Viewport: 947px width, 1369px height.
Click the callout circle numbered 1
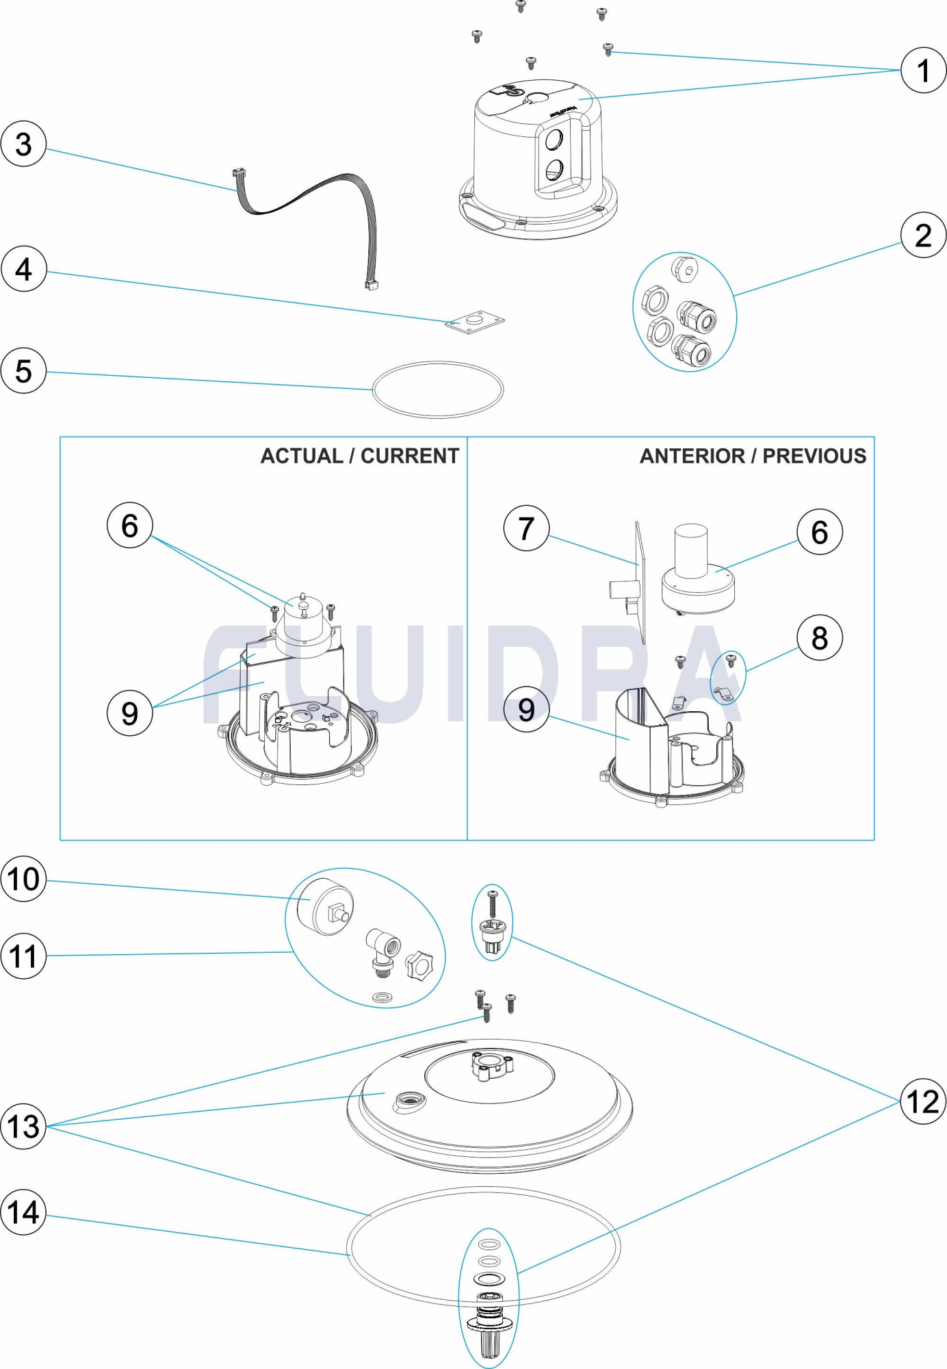click(923, 70)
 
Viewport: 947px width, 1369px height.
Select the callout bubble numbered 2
click(923, 235)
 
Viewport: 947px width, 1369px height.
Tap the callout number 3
click(23, 144)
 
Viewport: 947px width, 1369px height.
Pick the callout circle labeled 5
click(23, 371)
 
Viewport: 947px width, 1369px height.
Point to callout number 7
click(526, 528)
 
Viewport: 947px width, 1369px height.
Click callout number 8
click(819, 638)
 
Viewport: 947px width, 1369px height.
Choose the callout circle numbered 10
click(23, 879)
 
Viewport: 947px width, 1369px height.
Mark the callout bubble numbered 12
click(922, 1101)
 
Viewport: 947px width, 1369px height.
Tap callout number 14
click(23, 1212)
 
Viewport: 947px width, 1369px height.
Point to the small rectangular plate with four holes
click(474, 322)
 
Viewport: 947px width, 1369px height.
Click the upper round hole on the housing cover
click(553, 140)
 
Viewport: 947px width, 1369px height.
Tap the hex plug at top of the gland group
click(685, 269)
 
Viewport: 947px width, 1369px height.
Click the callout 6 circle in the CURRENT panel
click(129, 526)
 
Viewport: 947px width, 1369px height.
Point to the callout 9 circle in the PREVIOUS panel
click(526, 709)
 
